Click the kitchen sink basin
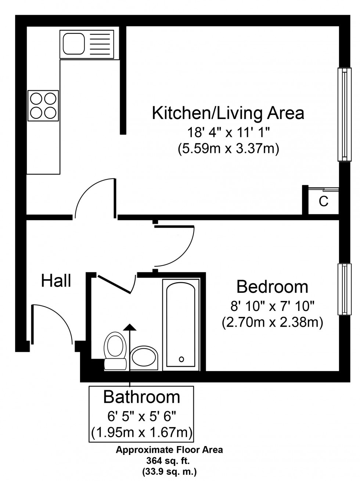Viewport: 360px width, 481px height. (75, 43)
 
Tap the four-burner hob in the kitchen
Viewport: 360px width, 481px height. (43, 105)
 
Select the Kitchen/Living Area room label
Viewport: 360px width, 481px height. (228, 113)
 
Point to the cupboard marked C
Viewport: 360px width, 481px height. (323, 201)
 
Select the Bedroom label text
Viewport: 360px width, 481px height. (272, 287)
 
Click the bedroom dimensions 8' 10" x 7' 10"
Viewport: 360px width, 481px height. (272, 305)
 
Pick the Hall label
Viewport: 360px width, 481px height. (56, 281)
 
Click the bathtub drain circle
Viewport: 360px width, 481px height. (181, 359)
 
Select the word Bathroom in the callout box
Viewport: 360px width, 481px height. (142, 397)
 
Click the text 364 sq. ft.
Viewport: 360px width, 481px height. (169, 461)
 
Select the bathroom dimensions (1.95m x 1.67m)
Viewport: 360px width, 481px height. (142, 432)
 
